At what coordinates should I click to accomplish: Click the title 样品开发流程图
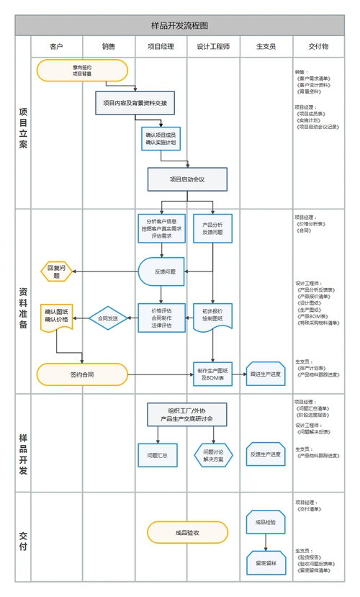pos(180,25)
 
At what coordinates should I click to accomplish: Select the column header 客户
pos(56,46)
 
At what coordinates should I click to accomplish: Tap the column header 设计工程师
pos(213,46)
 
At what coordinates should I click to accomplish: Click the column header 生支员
pos(266,46)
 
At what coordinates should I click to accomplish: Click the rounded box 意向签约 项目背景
pos(82,70)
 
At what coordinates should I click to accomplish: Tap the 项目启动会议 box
pos(187,179)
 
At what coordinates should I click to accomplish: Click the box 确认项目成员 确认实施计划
pos(161,138)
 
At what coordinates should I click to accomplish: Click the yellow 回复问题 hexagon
pos(57,271)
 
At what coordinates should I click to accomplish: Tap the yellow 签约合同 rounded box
pos(82,374)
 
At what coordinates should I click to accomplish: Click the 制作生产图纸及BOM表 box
pos(212,374)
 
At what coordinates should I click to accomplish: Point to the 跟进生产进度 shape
pos(266,374)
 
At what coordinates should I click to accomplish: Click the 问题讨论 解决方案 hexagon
pos(213,455)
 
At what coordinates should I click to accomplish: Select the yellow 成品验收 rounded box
pos(187,533)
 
